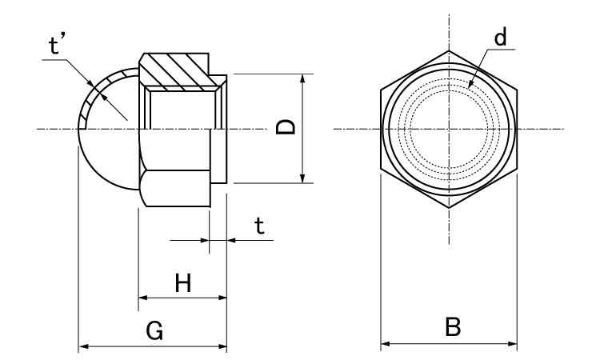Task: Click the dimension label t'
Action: coord(58,47)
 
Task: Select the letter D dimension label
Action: coord(286,127)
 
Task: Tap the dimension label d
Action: coord(500,38)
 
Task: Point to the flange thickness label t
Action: coord(258,226)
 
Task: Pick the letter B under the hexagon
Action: coord(452,327)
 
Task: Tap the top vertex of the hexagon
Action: coord(448,50)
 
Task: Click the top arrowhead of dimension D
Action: coord(302,78)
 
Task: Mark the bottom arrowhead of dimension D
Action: coord(302,179)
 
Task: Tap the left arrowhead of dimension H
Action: coord(142,298)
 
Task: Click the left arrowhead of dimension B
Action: coord(383,344)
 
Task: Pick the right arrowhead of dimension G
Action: coord(223,346)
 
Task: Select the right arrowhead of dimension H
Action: coord(223,298)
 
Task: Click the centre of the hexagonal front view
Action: coord(448,128)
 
